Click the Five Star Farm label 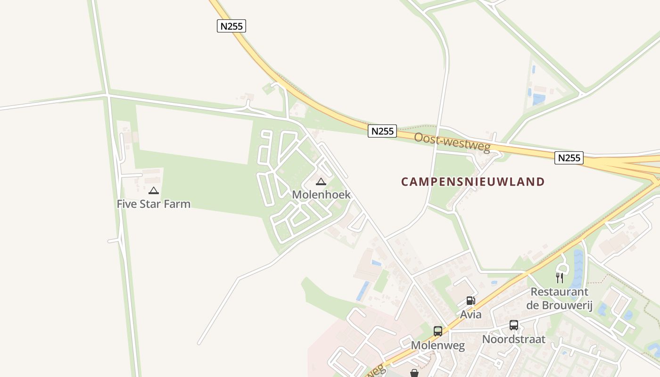(x=154, y=204)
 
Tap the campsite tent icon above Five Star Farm (x=154, y=191)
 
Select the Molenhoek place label (x=321, y=195)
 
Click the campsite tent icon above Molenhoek (x=321, y=181)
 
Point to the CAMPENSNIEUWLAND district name (x=473, y=182)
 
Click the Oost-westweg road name (x=452, y=141)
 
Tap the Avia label (x=471, y=314)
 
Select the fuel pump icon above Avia (x=470, y=301)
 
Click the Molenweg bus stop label (x=438, y=345)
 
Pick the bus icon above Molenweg (x=438, y=331)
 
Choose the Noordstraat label (x=513, y=339)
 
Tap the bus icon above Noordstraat (x=514, y=325)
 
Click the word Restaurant (x=560, y=292)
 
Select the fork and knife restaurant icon (x=560, y=278)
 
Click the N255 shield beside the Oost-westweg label (x=382, y=131)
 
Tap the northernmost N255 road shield (x=232, y=26)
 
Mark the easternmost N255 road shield (x=569, y=158)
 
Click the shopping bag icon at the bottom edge (x=414, y=373)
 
